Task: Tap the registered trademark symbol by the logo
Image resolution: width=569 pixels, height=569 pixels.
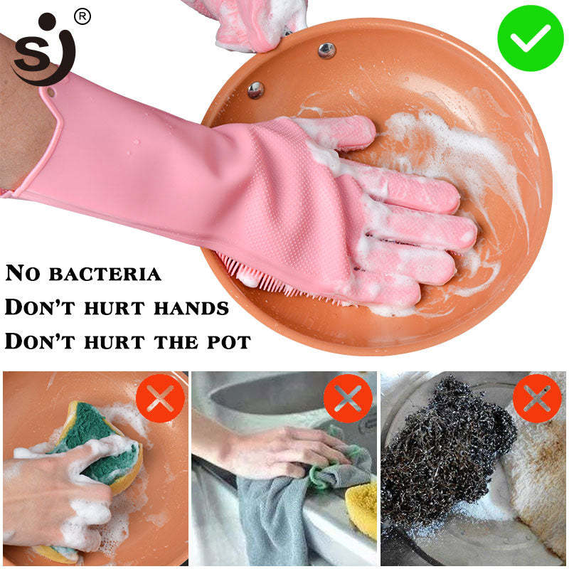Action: point(83,16)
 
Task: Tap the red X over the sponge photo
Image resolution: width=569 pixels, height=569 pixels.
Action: point(160,398)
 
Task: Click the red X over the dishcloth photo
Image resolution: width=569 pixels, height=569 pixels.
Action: point(348,398)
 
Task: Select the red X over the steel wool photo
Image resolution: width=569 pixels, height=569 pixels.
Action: point(537,398)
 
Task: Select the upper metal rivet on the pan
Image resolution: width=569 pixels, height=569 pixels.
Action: point(326,50)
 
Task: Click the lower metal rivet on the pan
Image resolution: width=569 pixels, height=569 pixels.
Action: point(255,90)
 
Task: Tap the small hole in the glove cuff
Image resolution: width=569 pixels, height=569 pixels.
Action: point(51,92)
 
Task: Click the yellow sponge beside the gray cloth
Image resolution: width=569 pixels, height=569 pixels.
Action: point(363,505)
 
